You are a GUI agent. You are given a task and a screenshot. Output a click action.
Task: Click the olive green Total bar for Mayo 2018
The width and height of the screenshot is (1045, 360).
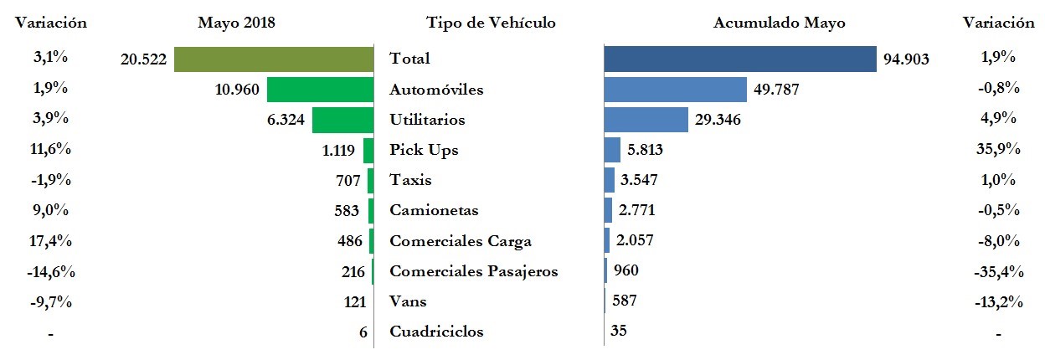(x=273, y=59)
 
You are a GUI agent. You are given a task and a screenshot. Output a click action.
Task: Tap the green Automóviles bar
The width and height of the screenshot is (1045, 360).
(x=319, y=90)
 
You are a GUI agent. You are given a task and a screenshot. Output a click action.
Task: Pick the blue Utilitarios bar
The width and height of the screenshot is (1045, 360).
(x=646, y=120)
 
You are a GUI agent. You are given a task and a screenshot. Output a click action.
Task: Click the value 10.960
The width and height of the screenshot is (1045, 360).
(x=238, y=90)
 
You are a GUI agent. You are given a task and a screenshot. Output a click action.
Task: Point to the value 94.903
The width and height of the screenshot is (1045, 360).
(x=907, y=59)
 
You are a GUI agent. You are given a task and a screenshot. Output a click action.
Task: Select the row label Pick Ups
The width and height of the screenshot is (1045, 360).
(x=424, y=151)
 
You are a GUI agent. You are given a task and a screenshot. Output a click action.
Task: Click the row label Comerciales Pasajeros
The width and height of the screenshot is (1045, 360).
(x=474, y=271)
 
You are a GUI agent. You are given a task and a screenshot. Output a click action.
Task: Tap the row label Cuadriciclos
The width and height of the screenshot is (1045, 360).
(x=436, y=332)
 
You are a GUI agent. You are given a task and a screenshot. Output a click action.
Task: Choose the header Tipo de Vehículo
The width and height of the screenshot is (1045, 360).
(x=490, y=23)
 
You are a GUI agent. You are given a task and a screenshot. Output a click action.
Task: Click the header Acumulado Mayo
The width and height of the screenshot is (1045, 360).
(x=779, y=23)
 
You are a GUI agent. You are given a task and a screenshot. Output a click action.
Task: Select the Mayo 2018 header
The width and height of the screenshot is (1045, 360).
(x=236, y=23)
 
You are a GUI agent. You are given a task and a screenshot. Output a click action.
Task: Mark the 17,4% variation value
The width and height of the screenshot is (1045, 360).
(x=51, y=241)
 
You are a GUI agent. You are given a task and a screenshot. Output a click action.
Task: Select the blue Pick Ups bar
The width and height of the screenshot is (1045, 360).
(x=612, y=150)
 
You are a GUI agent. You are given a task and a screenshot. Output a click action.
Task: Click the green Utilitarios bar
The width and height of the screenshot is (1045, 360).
(x=342, y=120)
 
